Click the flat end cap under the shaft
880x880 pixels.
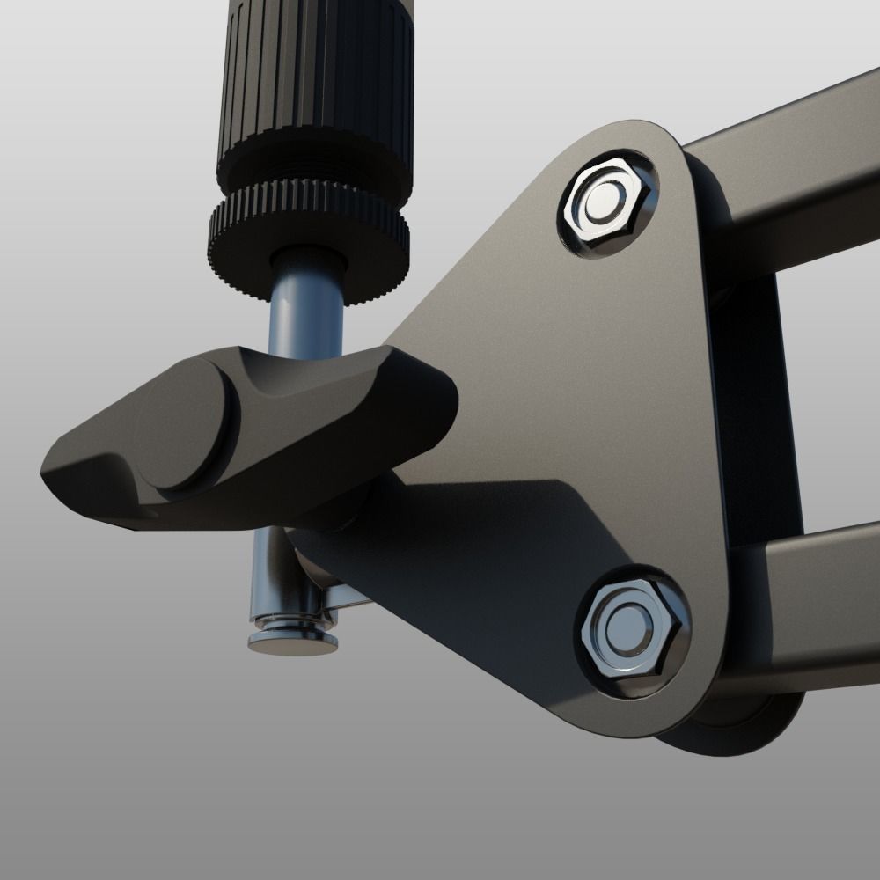tap(292, 643)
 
